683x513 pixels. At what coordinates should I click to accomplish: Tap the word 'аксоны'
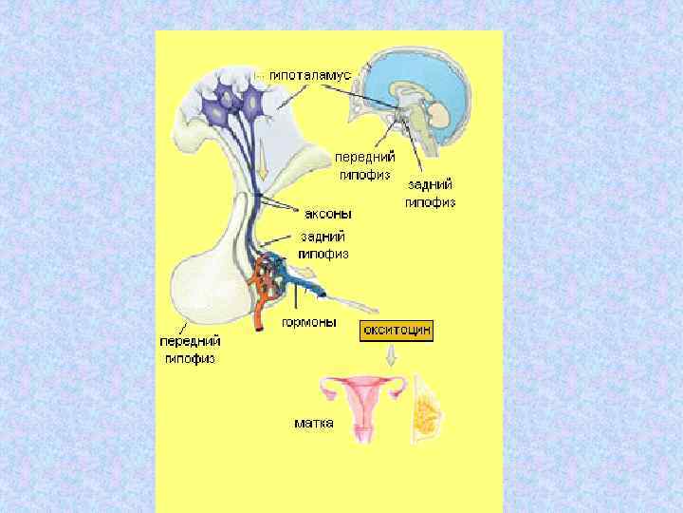tap(328, 215)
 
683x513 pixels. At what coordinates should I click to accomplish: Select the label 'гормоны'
tap(309, 322)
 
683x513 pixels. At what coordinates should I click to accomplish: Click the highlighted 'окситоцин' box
tap(396, 331)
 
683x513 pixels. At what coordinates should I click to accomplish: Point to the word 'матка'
tap(314, 422)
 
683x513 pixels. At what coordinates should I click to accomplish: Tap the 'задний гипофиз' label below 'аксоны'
tap(323, 245)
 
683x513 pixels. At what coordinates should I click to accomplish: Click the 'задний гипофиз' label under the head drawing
tap(431, 194)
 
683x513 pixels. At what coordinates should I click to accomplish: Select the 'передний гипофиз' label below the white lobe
tap(190, 349)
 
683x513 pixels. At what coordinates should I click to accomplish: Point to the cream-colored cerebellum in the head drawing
tap(439, 115)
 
